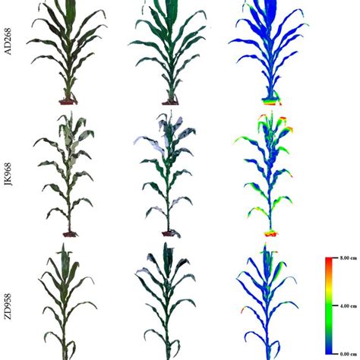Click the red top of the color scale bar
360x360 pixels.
pos(330,263)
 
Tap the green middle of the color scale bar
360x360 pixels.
pos(330,306)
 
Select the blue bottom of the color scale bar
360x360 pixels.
pos(330,349)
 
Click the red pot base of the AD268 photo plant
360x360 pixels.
pos(70,100)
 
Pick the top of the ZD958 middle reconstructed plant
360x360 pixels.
pos(169,247)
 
